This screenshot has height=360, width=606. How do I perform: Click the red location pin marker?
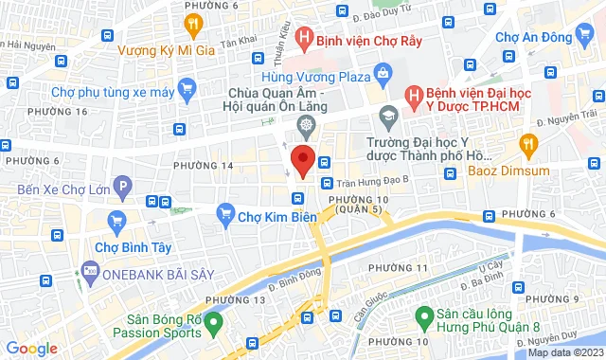click(302, 160)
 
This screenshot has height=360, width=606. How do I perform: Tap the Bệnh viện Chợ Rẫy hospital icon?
click(303, 39)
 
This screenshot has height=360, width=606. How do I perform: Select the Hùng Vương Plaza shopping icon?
click(383, 73)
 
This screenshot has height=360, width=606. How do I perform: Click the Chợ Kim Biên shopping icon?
click(225, 213)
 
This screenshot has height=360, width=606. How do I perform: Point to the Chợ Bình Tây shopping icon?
click(117, 224)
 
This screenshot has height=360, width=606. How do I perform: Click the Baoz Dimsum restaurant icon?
click(528, 144)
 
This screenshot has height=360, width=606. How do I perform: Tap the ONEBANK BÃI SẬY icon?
click(90, 271)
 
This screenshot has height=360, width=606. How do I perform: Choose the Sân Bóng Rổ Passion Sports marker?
click(214, 323)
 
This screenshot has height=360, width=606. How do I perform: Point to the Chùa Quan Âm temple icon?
click(306, 126)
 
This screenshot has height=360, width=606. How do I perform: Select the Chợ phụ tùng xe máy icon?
click(187, 91)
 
